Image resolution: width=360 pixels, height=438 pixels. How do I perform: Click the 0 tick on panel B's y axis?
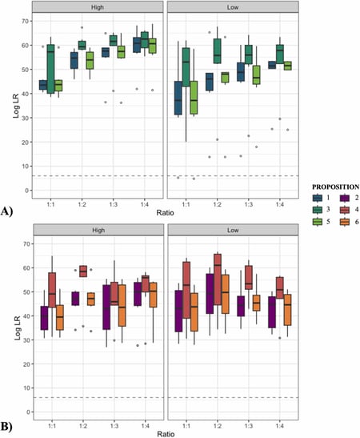click(26, 412)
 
